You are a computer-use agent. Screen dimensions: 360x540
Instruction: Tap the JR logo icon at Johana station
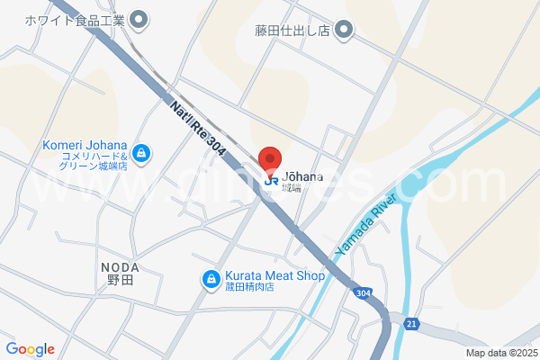(271, 179)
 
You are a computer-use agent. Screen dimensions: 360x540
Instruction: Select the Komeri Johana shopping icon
(141, 152)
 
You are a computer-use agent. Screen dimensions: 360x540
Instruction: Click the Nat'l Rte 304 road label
(198, 126)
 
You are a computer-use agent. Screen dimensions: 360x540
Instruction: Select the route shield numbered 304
(362, 293)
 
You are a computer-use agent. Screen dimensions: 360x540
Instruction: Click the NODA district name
(119, 267)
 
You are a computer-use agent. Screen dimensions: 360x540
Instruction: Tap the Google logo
(30, 349)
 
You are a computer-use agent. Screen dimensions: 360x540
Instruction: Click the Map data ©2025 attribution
(500, 353)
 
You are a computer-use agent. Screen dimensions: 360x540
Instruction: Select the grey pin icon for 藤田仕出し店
(344, 31)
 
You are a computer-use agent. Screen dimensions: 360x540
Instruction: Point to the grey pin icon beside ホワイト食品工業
(139, 18)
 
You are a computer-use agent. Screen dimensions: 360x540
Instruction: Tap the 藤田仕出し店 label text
(292, 31)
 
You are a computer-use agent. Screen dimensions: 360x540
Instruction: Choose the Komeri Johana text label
(85, 147)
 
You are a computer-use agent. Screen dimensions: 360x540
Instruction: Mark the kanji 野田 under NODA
(119, 282)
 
